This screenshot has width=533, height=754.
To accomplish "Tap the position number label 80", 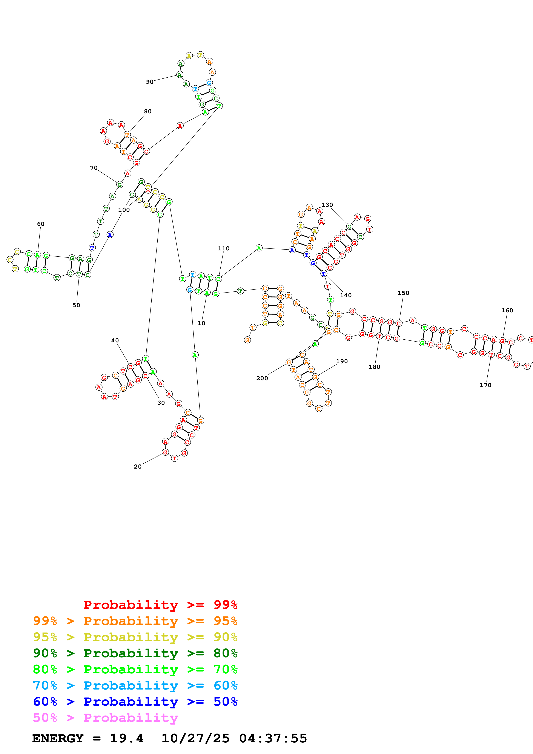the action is [x=148, y=111].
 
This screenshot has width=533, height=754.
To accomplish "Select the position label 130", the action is [x=327, y=205].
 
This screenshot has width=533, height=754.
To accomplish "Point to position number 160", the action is [x=507, y=310].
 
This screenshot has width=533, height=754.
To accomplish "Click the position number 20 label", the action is [x=138, y=467].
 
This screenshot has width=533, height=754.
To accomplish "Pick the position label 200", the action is [x=262, y=378].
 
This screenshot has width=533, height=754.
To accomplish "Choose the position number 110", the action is [x=224, y=248].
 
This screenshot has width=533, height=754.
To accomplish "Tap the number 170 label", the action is [x=485, y=385].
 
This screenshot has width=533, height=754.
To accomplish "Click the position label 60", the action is [x=41, y=224].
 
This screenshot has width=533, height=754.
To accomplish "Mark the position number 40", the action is [x=115, y=340].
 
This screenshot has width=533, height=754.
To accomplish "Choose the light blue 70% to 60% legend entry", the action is [x=135, y=685].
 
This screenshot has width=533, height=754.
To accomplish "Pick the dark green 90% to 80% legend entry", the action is [x=135, y=653].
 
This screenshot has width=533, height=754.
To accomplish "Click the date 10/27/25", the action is [x=195, y=738].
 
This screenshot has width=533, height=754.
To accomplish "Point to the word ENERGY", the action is [x=58, y=738].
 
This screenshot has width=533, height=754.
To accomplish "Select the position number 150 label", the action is [x=403, y=293].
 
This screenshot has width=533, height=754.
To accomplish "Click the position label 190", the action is [x=342, y=361].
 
